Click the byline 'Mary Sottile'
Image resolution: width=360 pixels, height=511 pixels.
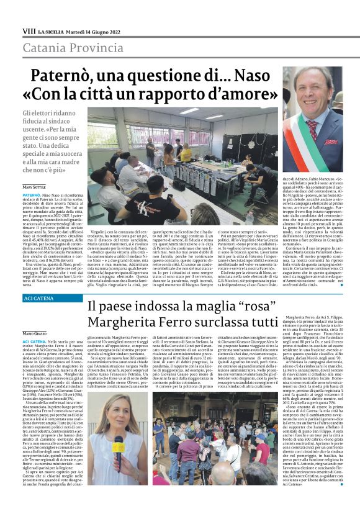point(34,187)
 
